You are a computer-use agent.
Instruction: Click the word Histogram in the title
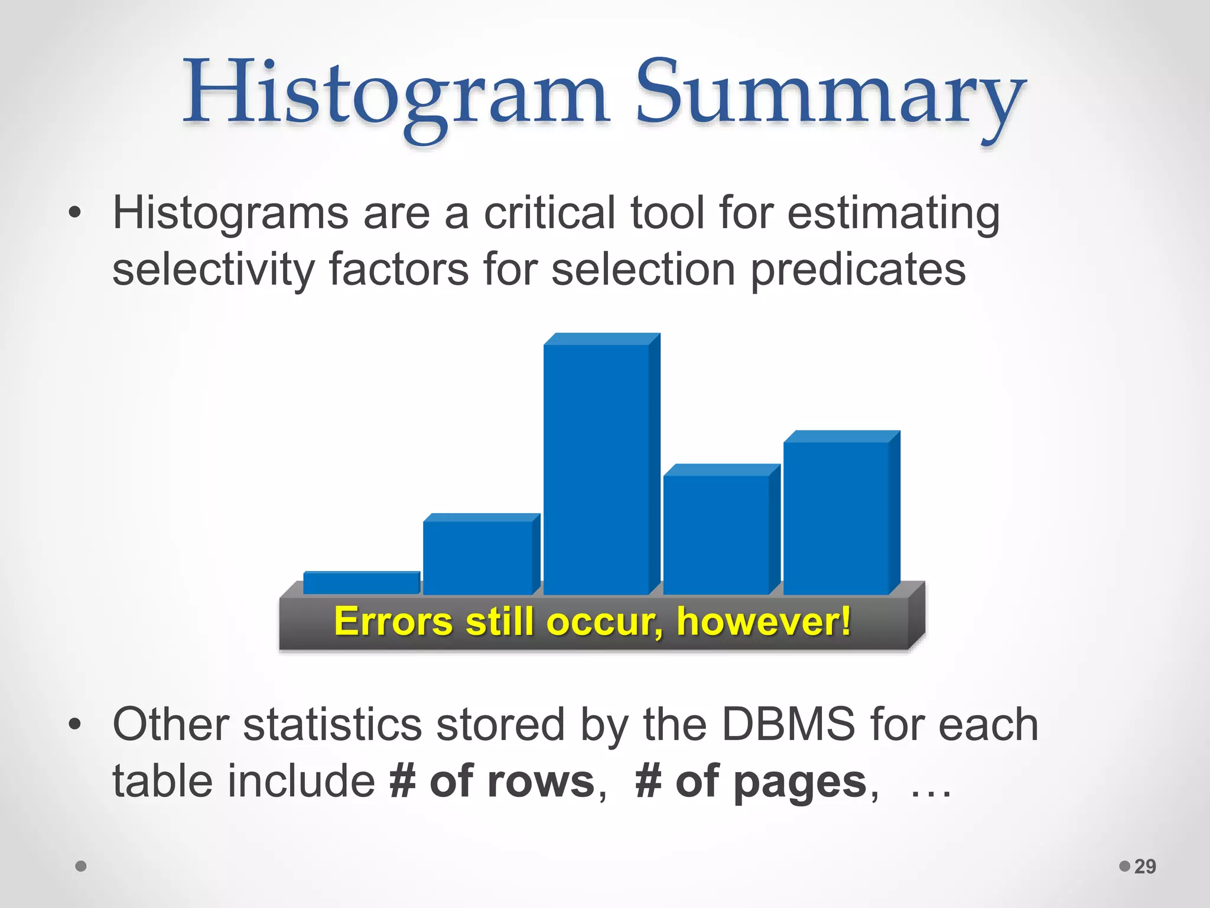coord(395,95)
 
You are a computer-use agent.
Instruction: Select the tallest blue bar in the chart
coord(597,467)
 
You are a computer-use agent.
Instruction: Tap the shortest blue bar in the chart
coord(360,583)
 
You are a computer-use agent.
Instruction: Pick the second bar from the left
coord(479,556)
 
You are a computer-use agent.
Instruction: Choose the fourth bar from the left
coord(717,532)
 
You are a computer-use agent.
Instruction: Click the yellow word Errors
coord(393,622)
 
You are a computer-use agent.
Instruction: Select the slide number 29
coord(1145,867)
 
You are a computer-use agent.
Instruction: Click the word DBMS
coord(788,725)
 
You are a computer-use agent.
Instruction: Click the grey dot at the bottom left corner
coord(82,867)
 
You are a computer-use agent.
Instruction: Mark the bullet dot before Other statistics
coord(74,724)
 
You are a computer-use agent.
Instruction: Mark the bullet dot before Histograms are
coord(74,213)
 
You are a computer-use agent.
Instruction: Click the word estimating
coord(893,214)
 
